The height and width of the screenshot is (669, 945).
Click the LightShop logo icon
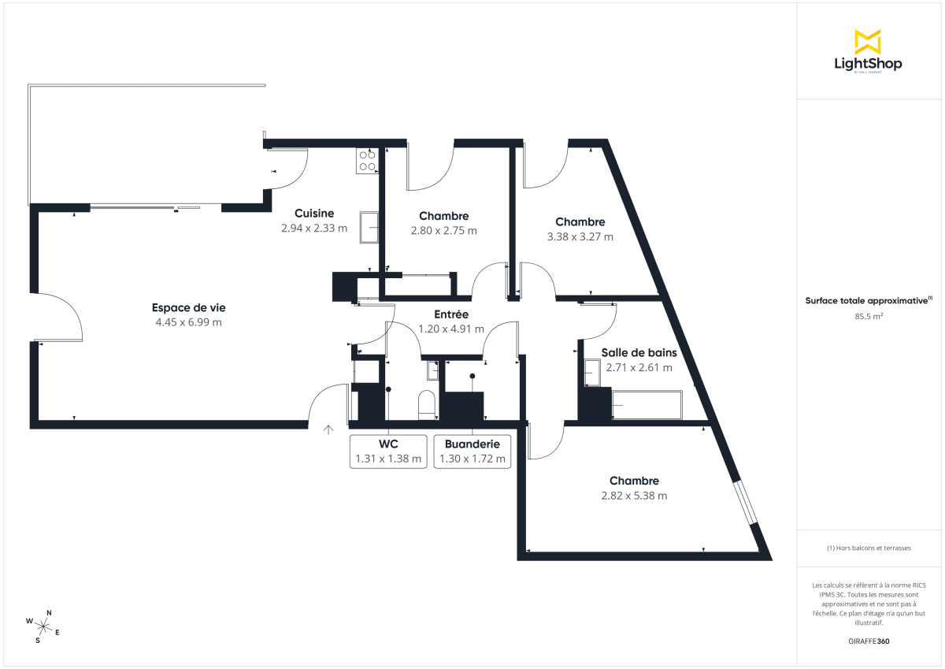(868, 42)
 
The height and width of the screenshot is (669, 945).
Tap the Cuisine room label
(314, 214)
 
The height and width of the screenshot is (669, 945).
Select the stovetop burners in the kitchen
(367, 161)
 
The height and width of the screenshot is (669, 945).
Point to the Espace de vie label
(189, 307)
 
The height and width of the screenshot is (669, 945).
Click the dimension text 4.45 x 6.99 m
(189, 322)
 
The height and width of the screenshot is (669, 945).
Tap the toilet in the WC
(426, 403)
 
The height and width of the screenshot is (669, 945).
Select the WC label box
(388, 452)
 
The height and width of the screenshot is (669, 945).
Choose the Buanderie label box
(472, 452)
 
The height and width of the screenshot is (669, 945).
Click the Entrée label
(451, 314)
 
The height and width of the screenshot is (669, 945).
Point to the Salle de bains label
(639, 352)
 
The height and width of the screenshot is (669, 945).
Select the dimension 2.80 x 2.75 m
(443, 231)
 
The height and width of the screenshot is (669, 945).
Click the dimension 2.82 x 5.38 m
(634, 496)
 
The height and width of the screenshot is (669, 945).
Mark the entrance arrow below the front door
(328, 429)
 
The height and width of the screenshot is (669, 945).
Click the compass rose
(43, 626)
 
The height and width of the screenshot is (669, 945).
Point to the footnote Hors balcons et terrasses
(867, 548)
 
